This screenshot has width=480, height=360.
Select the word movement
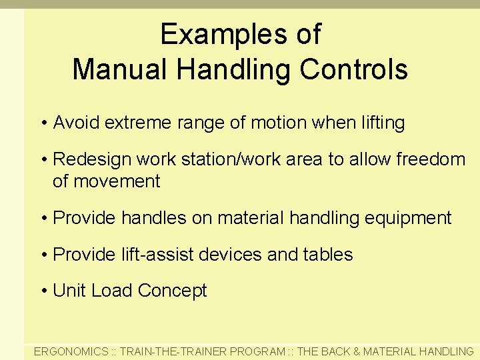tap(116, 181)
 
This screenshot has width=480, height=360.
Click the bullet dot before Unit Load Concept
tap(44, 291)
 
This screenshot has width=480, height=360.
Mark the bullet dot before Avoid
tap(44, 123)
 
